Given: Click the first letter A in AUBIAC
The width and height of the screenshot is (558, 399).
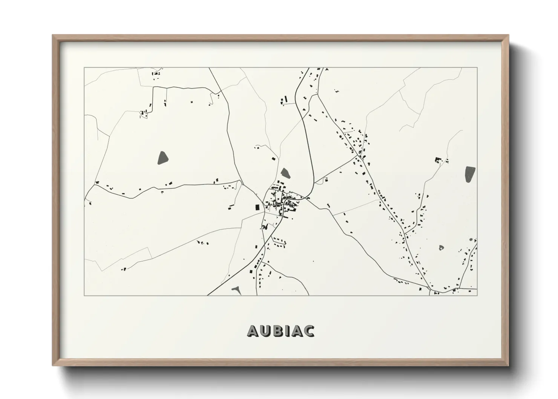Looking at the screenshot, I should pos(253,331).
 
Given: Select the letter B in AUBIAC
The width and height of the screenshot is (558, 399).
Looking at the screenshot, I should pos(277,331).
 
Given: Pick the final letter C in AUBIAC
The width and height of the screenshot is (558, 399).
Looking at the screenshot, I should pos(308,331).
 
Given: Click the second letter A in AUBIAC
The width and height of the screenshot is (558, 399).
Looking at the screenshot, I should pos(296,331).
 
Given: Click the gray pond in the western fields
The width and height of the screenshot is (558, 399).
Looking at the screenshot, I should pos(162,158).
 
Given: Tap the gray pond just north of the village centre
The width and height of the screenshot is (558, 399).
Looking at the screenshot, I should pos(285,173).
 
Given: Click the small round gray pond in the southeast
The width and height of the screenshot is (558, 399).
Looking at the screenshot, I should pos(441,247).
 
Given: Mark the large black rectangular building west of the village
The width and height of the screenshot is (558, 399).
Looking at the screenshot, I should pos(258,207).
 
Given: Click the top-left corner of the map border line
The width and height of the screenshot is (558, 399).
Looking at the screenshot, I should pos(84,68).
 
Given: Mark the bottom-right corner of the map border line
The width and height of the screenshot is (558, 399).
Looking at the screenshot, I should pos(477,295).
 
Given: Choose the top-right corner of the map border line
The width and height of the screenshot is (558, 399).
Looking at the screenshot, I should pos(477,68).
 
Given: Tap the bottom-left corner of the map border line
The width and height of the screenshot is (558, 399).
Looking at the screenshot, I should pos(84,295).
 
